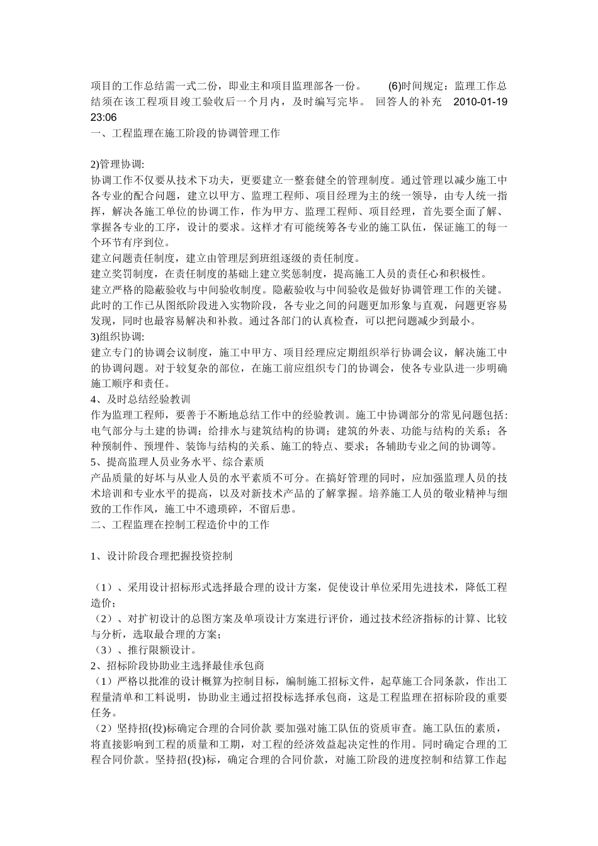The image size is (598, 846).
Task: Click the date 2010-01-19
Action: click(480, 101)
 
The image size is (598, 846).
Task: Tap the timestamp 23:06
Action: click(104, 117)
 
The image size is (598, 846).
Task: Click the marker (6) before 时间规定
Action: click(393, 86)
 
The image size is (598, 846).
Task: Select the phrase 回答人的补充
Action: click(409, 101)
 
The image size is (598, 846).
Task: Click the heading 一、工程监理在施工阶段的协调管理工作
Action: click(186, 133)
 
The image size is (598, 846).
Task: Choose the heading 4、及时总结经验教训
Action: click(141, 400)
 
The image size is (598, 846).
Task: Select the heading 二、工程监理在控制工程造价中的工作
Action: click(180, 524)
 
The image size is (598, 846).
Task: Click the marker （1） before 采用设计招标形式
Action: click(104, 587)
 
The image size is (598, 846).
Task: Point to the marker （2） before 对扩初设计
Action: click(104, 619)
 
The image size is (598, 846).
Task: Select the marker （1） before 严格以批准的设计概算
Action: click(101, 681)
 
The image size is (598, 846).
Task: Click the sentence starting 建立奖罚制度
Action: click(289, 274)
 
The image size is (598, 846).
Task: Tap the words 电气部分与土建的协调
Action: click(145, 431)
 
